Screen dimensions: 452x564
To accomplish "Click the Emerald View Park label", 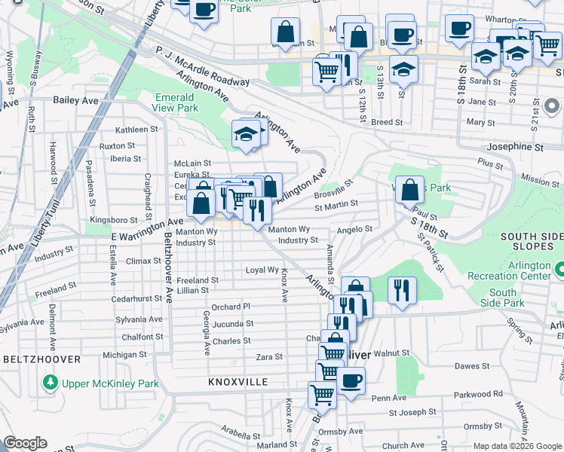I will click(x=176, y=102).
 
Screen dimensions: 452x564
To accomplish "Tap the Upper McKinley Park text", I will click(x=111, y=383).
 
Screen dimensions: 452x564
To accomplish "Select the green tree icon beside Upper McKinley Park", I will click(x=51, y=383).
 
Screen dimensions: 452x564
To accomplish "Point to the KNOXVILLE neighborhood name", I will click(x=238, y=383).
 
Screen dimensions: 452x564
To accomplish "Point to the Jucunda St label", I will click(x=232, y=324).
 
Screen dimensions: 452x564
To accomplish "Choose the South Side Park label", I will click(x=506, y=298).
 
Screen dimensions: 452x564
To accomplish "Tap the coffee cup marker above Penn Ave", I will click(x=350, y=381).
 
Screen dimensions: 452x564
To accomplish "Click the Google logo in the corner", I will click(x=25, y=443).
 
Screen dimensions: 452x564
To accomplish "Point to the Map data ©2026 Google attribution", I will click(x=517, y=446).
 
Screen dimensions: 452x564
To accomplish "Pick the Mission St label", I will click(x=540, y=181).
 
